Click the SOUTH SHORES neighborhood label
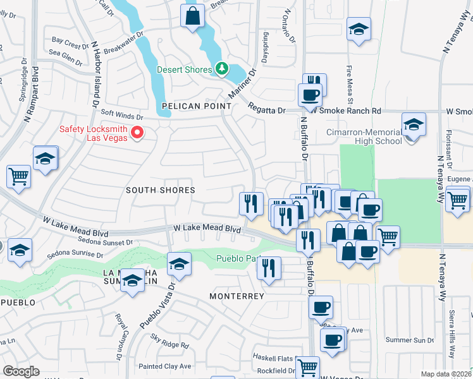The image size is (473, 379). click(160, 190)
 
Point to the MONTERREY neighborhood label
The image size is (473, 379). click(238, 296)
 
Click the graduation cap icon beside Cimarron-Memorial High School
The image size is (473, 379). click(414, 124)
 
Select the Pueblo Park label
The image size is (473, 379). click(239, 258)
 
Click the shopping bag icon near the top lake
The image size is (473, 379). click(193, 16)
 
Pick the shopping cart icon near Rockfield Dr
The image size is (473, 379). click(307, 367)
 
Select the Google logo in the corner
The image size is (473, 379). click(21, 371)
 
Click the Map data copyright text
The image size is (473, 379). click(446, 374)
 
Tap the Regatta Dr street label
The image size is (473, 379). click(266, 110)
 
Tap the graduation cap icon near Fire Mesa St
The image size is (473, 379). click(359, 29)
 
